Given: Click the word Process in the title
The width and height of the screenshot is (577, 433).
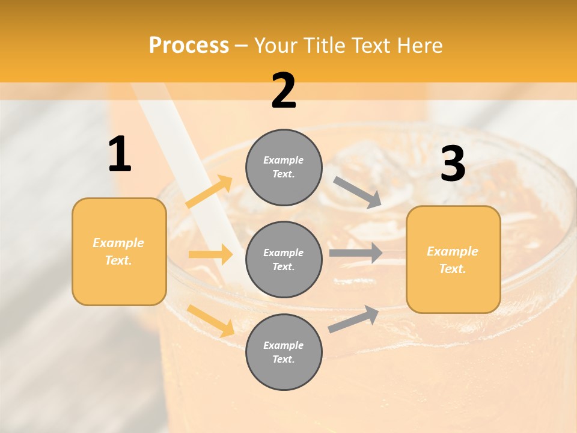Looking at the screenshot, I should (x=189, y=46).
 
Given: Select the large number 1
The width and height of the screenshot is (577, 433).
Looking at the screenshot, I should (x=120, y=155).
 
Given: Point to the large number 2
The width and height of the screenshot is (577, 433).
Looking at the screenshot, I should (x=284, y=91).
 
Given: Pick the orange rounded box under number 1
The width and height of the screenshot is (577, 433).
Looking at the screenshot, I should (x=119, y=251).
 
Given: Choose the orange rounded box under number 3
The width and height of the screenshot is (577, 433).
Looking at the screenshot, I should (x=453, y=259).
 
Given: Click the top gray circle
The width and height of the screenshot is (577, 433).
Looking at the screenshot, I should (x=284, y=167).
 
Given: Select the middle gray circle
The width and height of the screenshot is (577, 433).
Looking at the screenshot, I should (x=284, y=259).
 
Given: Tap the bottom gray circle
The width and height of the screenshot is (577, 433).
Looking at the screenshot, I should (x=284, y=352).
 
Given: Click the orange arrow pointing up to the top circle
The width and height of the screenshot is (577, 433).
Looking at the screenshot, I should (x=209, y=192).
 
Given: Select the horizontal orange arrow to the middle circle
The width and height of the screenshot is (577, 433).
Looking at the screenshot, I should (x=210, y=254).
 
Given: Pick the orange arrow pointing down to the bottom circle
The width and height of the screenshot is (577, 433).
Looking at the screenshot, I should (x=211, y=321).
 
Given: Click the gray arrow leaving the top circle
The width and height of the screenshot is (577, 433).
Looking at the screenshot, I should (x=358, y=192).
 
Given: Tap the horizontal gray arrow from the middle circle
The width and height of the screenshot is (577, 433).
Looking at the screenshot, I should (x=356, y=253).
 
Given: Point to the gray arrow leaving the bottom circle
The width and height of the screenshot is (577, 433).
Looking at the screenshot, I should (x=354, y=319).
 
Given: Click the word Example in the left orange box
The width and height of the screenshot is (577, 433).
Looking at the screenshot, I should (x=118, y=243).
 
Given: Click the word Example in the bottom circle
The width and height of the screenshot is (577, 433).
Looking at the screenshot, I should (x=284, y=345).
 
